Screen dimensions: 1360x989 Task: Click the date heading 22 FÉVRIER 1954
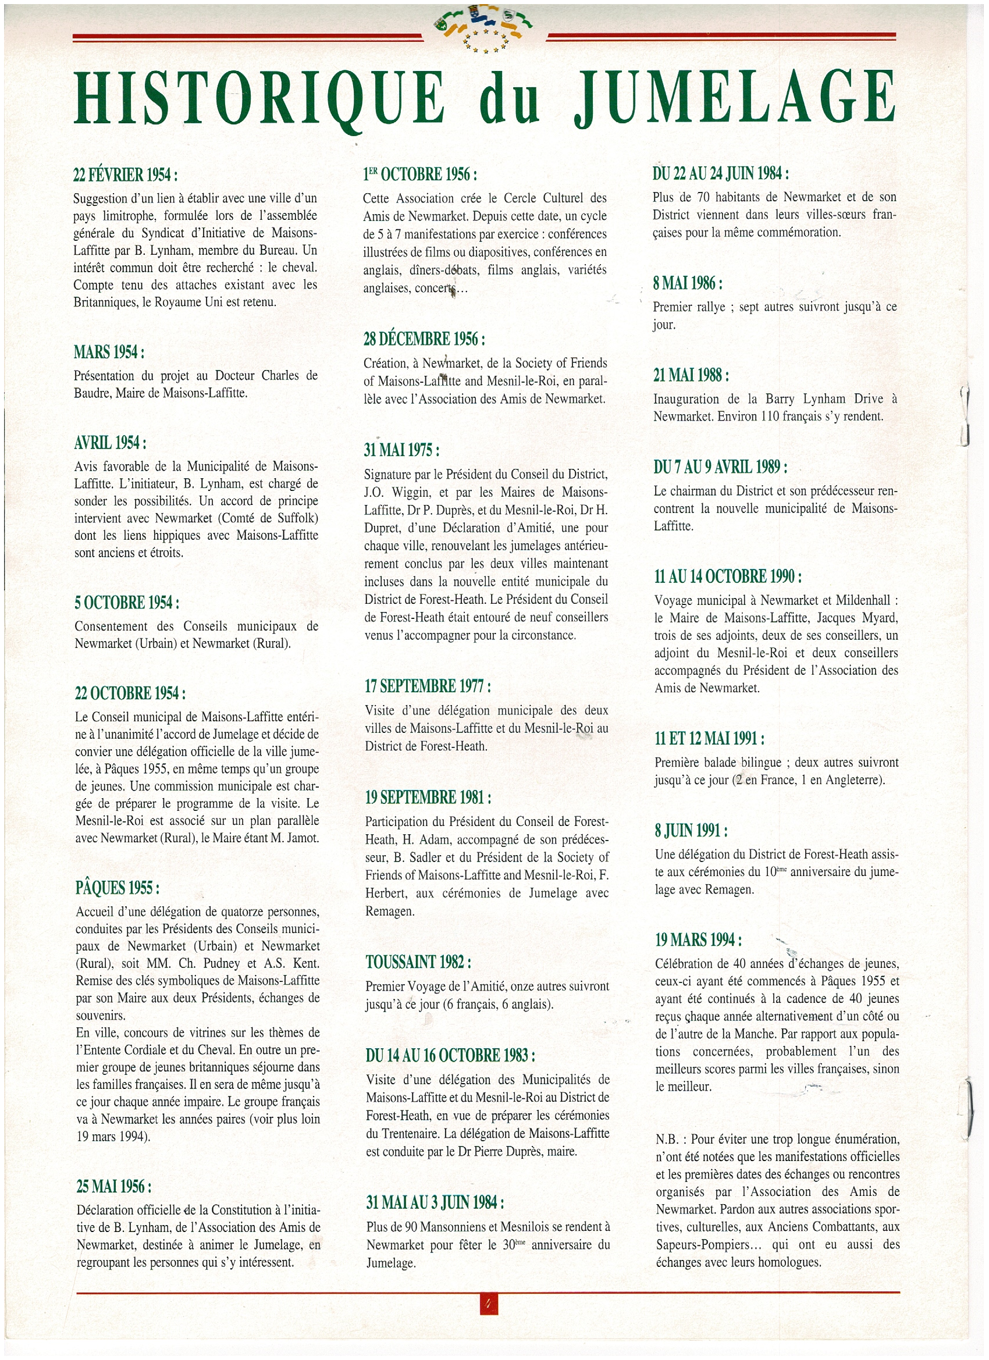click(125, 175)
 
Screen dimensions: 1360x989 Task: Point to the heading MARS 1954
click(109, 353)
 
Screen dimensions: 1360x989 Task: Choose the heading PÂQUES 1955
click(118, 888)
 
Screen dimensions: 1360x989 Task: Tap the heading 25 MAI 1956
click(113, 1187)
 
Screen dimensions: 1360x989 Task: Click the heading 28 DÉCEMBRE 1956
click(424, 339)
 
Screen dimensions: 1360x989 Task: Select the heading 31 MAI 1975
click(401, 450)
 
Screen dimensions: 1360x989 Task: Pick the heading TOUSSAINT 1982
click(418, 963)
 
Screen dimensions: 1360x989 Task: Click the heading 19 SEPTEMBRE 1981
click(428, 798)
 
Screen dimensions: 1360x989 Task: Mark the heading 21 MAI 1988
click(691, 375)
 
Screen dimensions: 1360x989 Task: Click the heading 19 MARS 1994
click(698, 939)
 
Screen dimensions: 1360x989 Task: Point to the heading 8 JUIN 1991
click(691, 831)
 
